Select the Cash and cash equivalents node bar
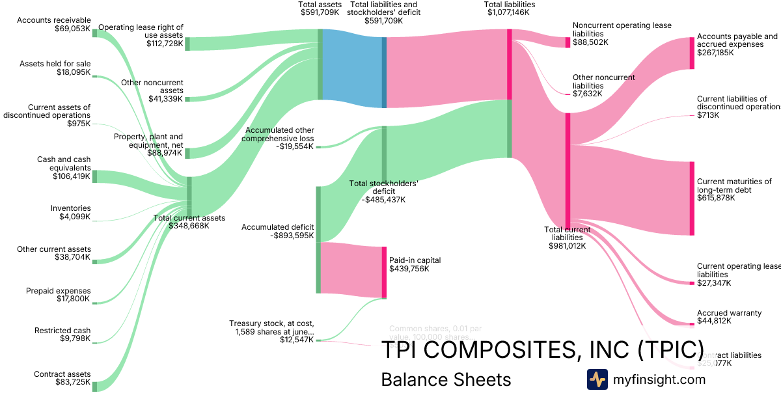94,176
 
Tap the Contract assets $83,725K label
63,378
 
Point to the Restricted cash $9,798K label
63,335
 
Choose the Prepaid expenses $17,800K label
59,295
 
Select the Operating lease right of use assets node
187,44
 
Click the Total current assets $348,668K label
189,222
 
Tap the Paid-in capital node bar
385,272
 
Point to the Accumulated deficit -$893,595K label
277,232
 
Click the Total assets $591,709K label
320,8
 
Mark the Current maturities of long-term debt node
692,198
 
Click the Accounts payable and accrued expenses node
692,53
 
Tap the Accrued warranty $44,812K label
729,317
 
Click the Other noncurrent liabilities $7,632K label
603,85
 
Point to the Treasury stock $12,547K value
297,340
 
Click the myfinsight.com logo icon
597,379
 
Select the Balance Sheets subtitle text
446,380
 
